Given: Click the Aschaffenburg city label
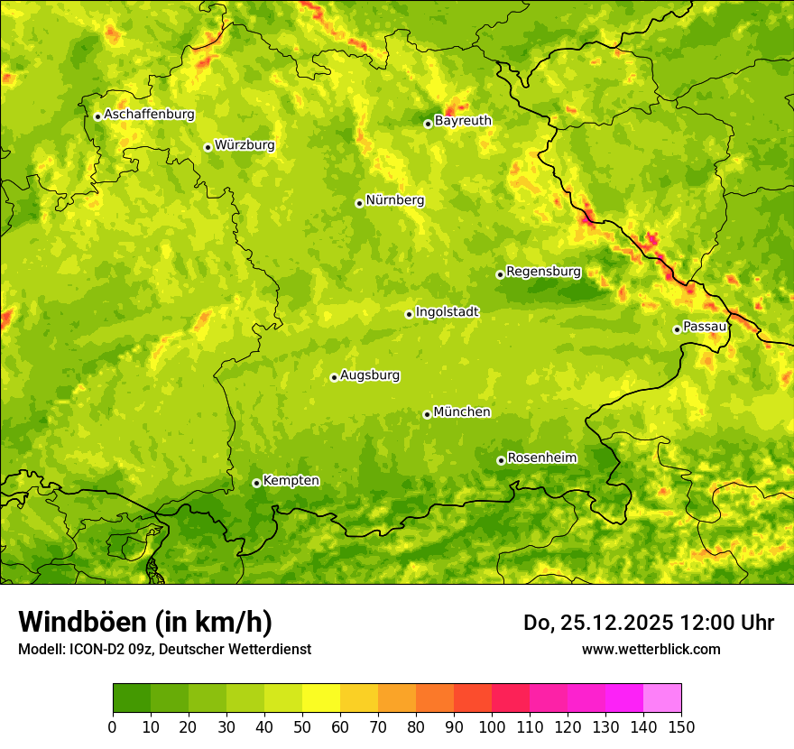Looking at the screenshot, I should (x=149, y=115).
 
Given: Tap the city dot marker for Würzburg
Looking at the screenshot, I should (x=208, y=147).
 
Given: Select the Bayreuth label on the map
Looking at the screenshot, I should (x=463, y=120).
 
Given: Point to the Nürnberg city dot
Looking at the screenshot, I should (x=359, y=203).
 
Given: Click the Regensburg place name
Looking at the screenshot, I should (x=543, y=271).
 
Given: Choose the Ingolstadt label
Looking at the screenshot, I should (x=447, y=311).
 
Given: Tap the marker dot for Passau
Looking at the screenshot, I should (x=677, y=329).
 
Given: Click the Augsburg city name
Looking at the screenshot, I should (x=369, y=374).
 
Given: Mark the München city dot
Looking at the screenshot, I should (x=427, y=414).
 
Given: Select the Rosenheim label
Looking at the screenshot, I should (x=541, y=458).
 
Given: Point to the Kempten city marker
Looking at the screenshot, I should (x=256, y=483).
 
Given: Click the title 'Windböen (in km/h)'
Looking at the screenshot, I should (x=145, y=623).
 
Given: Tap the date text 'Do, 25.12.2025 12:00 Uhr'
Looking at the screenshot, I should (x=649, y=623).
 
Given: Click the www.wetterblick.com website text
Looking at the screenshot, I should (x=651, y=649).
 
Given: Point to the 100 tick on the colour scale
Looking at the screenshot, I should (x=492, y=726).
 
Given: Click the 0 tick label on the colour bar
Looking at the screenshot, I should (x=113, y=726).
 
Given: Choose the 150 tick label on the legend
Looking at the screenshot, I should (x=681, y=726).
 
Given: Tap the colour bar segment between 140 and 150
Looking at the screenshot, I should (x=662, y=698).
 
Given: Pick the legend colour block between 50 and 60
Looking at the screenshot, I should (x=321, y=698).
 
